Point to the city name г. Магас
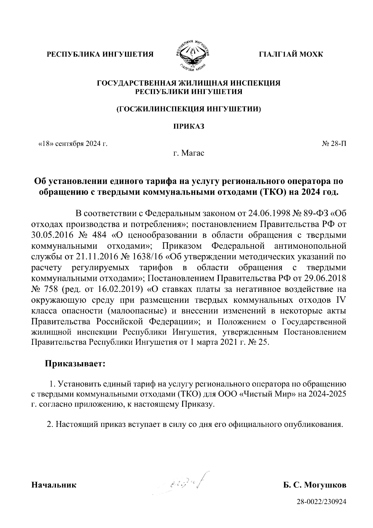click(x=189, y=153)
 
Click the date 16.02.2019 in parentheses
click(x=118, y=289)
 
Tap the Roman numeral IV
click(x=341, y=300)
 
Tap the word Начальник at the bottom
click(x=54, y=485)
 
